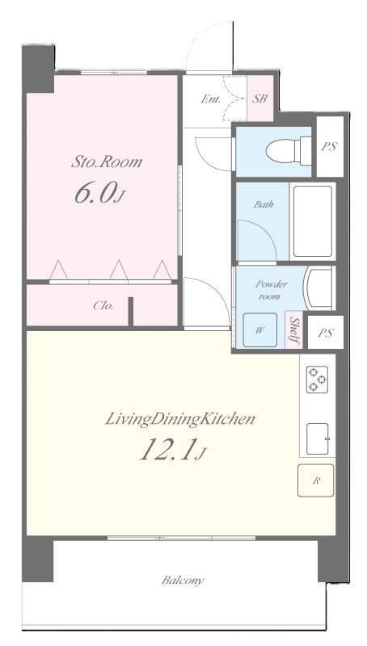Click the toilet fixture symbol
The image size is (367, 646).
coord(289,151)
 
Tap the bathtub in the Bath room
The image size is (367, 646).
coord(313,221)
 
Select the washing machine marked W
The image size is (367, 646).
coord(259,329)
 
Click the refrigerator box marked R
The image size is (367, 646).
coord(316,480)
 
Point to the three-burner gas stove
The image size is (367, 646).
coord(317,380)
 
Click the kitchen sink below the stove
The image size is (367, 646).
coord(318,438)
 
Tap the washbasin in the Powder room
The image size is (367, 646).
coord(319,287)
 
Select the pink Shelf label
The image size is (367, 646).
coord(294,330)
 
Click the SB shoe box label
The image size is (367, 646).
coord(259,99)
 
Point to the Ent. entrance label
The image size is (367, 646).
coord(211,99)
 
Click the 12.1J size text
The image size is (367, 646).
coord(172,449)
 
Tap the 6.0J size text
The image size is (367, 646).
coord(99,194)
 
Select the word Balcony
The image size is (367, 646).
coord(183,581)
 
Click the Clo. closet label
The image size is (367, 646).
coord(103,306)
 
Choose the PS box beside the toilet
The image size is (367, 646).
coord(330,147)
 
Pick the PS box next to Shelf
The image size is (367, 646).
coord(326,333)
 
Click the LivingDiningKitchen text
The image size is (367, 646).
coord(179,419)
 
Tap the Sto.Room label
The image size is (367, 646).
coord(107,162)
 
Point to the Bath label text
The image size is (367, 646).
coord(264,204)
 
